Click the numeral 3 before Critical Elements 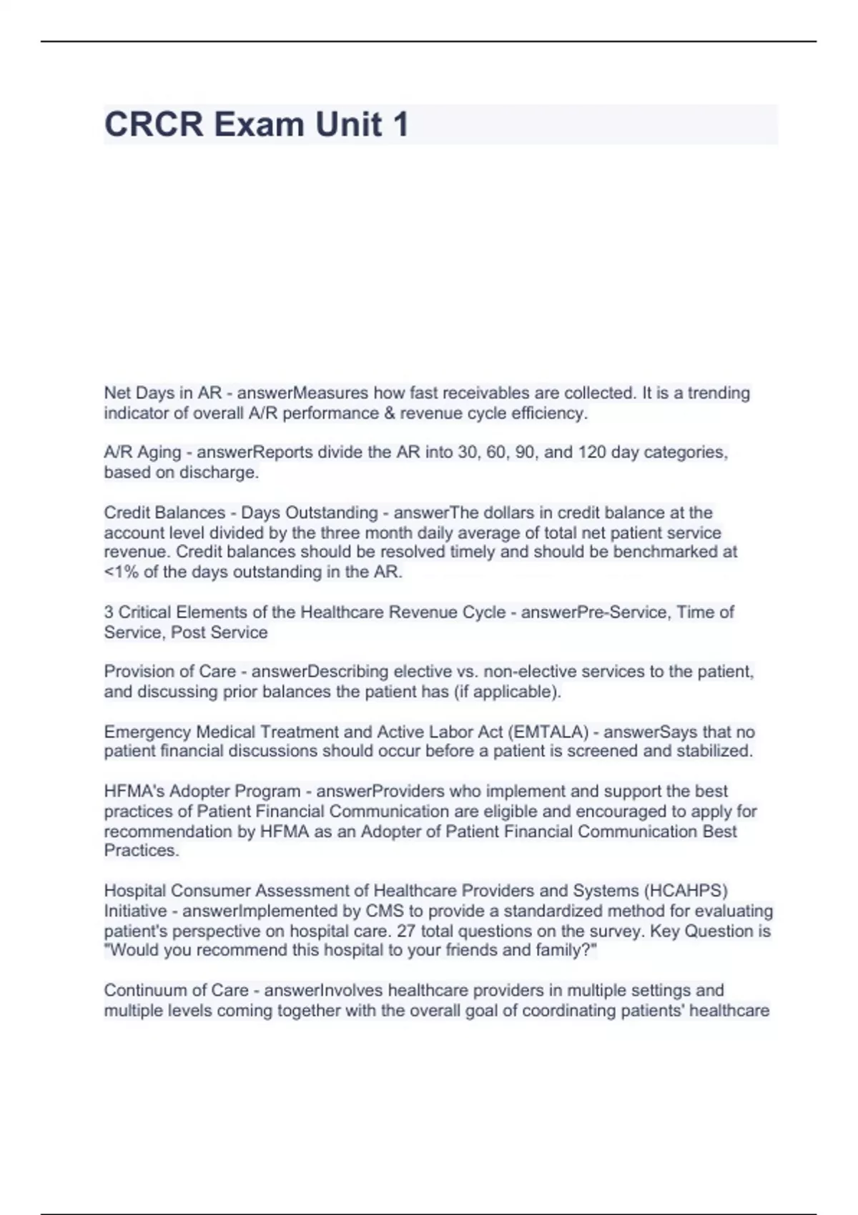click(x=109, y=613)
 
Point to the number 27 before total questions click(x=405, y=931)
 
